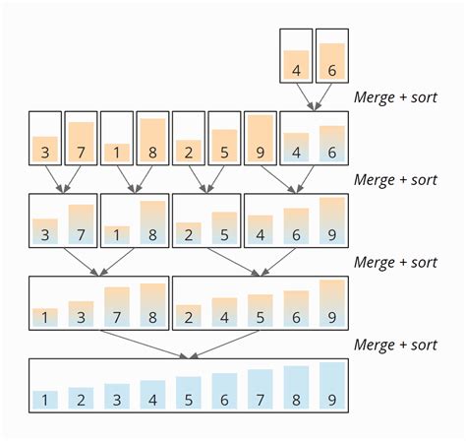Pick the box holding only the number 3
[x=45, y=137]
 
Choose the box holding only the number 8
[x=152, y=137]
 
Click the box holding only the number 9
[x=260, y=137]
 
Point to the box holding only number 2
[x=188, y=137]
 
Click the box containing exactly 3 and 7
[x=63, y=220]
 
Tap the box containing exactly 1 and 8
[x=135, y=220]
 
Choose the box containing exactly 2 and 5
[x=206, y=220]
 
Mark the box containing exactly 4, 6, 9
[x=296, y=220]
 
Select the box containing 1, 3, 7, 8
[x=99, y=303]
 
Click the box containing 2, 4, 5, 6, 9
[x=261, y=303]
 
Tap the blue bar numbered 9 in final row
[x=332, y=385]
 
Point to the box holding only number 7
[x=81, y=137]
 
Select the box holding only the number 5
[x=224, y=137]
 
